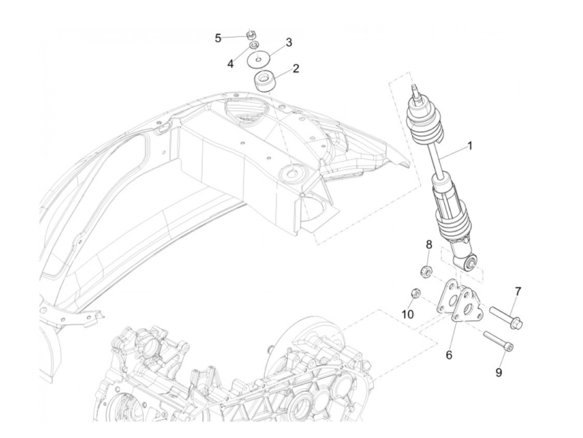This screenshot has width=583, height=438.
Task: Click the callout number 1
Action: coord(469,146)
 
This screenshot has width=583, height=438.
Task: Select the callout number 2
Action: coord(296,69)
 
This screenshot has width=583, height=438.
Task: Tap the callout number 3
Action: coord(289,42)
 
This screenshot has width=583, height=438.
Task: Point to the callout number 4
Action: coord(230,64)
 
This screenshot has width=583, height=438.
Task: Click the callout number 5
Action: coord(218,38)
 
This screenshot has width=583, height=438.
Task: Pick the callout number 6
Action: coord(449,355)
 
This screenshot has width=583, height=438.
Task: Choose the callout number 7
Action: coord(518,291)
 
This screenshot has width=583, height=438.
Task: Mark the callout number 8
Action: coord(429,244)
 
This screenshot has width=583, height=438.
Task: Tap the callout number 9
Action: coord(498,372)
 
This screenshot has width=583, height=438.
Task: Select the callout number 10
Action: coord(408,314)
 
